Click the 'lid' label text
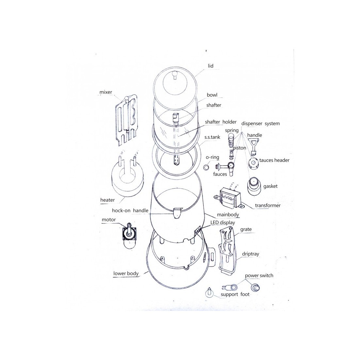click(x=210, y=66)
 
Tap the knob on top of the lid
click(x=175, y=75)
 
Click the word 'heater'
click(x=107, y=200)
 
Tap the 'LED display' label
click(x=223, y=223)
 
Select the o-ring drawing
click(x=207, y=167)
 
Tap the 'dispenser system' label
click(x=261, y=123)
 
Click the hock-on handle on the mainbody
click(x=177, y=213)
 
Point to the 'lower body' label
click(x=126, y=274)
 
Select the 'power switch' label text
click(x=259, y=276)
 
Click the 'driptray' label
click(x=250, y=254)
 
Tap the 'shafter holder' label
click(x=221, y=122)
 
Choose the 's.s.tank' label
click(x=212, y=137)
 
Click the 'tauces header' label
click(x=274, y=160)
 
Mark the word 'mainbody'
click(x=228, y=215)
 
